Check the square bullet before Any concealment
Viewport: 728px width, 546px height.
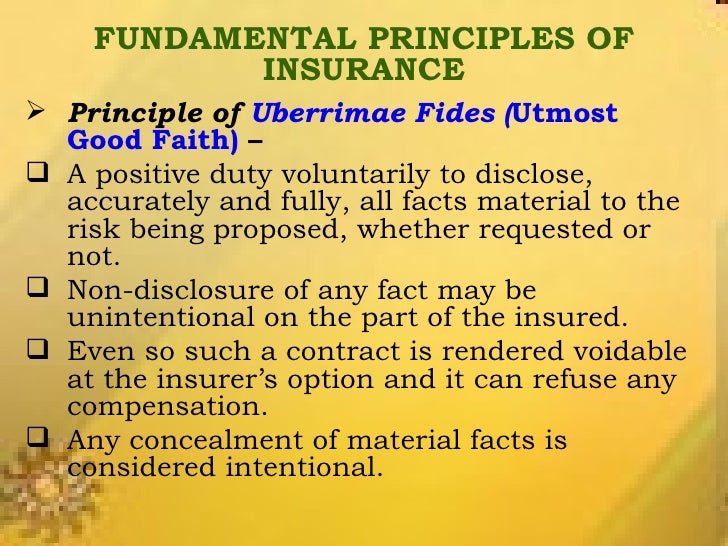pyautogui.click(x=27, y=441)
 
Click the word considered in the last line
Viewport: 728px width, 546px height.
pyautogui.click(x=149, y=468)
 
